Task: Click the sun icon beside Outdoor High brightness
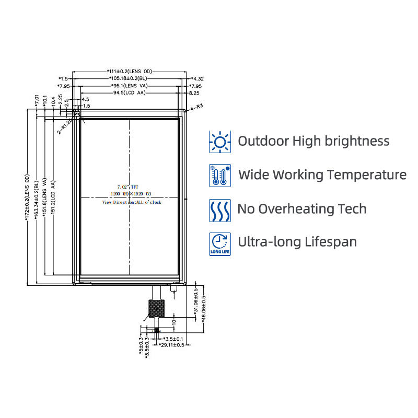pyautogui.click(x=220, y=142)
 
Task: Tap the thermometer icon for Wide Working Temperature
pyautogui.click(x=220, y=175)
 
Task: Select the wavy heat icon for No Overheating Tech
pyautogui.click(x=220, y=210)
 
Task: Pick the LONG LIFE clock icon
pyautogui.click(x=220, y=243)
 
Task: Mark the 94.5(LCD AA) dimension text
pyautogui.click(x=129, y=93)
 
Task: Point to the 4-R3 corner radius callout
pyautogui.click(x=196, y=107)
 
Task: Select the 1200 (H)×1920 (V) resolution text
pyautogui.click(x=130, y=194)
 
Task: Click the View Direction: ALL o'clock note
pyautogui.click(x=132, y=202)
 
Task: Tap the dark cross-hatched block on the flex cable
pyautogui.click(x=155, y=308)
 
